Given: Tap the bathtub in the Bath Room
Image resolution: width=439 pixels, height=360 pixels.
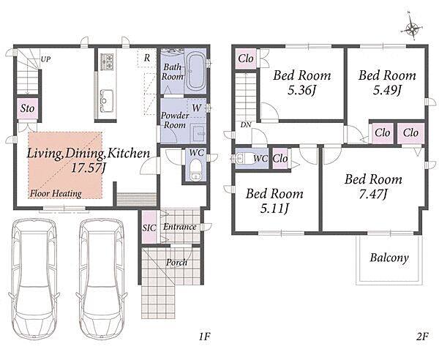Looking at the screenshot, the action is coord(196,71).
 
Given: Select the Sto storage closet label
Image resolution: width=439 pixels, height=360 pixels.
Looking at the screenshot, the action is coord(27,108).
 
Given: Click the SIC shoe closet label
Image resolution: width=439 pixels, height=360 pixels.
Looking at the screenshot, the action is coord(149,228).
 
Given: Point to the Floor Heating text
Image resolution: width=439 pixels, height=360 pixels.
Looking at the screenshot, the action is coord(56,193).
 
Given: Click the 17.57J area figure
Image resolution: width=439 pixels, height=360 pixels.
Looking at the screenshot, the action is coord(89,168).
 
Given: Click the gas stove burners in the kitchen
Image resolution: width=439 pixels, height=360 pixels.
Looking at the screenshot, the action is coord(107,61).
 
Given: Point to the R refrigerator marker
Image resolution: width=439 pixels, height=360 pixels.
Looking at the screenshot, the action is coord(147,59).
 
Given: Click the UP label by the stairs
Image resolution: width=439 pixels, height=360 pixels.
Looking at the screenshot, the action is coord(46,59).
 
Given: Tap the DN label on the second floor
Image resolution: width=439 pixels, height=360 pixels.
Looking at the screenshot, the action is coord(246,125).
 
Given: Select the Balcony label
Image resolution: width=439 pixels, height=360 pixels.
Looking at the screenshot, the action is coord(389,258).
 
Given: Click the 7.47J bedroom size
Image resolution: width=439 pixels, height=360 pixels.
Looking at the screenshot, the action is coord(372,194).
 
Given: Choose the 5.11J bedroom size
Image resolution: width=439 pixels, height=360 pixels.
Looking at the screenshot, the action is coord(274,209).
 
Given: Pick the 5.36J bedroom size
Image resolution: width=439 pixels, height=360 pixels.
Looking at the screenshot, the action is coord(301,91).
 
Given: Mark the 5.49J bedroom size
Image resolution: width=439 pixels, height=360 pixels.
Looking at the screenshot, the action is coord(387,91).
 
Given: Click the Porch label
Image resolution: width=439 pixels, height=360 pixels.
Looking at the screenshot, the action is coord(176,263).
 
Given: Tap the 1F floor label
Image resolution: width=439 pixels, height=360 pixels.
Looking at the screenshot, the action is coord(204,336).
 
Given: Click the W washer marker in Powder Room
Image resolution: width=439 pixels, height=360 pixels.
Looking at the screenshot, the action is coord(197,108).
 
